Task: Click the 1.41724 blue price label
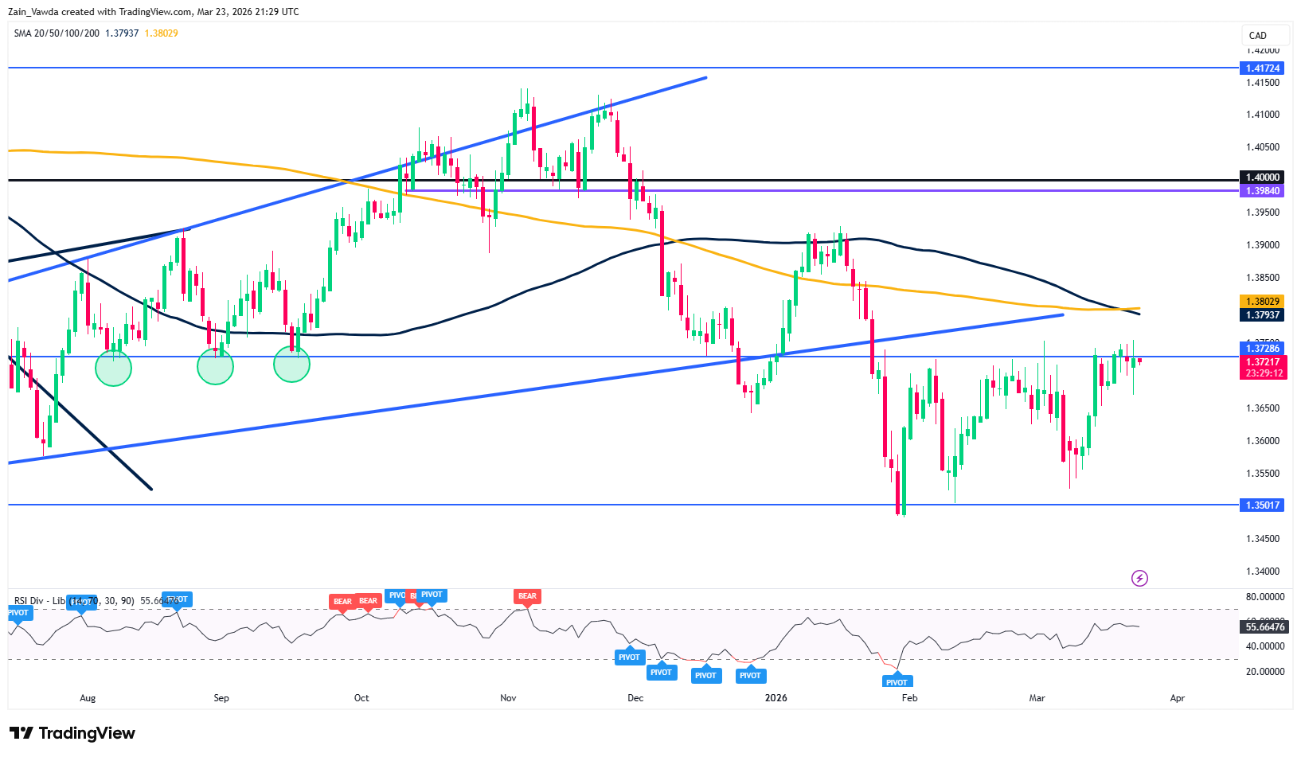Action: coord(1262,68)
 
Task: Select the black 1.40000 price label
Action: coord(1262,178)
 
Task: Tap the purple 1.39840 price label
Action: coord(1262,191)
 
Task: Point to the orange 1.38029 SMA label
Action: coord(1262,302)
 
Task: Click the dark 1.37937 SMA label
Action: coord(1262,315)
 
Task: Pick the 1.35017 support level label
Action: coord(1262,505)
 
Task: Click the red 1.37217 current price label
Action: coord(1262,362)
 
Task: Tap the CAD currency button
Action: coord(1258,35)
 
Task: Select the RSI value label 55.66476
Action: coord(1265,627)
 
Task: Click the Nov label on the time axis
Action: coord(508,698)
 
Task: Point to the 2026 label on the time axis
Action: coord(776,698)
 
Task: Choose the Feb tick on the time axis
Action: coord(909,698)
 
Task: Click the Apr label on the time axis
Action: coord(1177,698)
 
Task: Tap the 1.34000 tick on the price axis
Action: coord(1262,572)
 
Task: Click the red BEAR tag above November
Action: coord(527,596)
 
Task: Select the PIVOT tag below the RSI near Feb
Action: coord(897,682)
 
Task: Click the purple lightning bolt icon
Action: coord(1139,579)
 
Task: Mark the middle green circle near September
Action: coord(215,366)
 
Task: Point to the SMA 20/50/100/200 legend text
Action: coord(57,33)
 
